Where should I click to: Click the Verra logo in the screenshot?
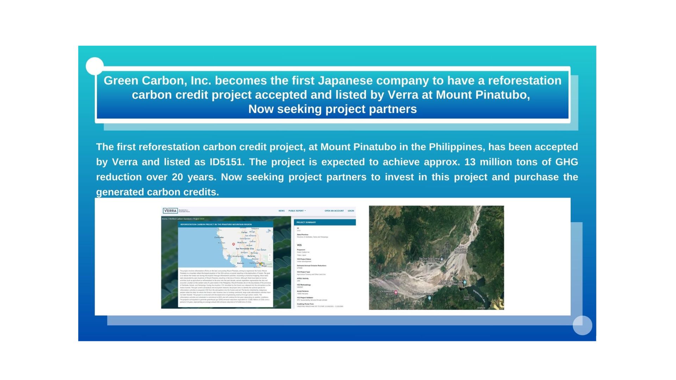tap(170, 211)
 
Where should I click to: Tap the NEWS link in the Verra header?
tap(282, 211)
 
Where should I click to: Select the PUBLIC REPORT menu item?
tap(297, 211)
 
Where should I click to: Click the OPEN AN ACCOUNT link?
tap(334, 211)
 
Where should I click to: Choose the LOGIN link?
tap(351, 211)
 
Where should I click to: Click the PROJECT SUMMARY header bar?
tap(325, 222)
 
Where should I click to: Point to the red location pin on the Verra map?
tap(233, 244)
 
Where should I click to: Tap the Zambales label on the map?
tap(219, 237)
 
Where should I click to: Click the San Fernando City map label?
tap(245, 249)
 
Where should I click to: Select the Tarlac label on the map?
tap(244, 233)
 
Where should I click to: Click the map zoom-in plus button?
tap(270, 255)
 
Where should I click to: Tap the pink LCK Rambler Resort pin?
tap(396, 292)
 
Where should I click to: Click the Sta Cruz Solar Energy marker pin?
tap(442, 259)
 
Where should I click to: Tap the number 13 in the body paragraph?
tap(470, 162)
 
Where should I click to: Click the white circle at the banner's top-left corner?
tap(95, 66)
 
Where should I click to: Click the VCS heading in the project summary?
tap(299, 245)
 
